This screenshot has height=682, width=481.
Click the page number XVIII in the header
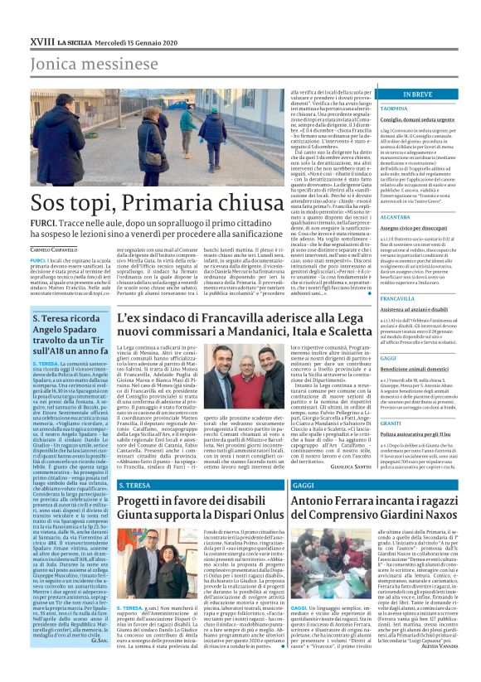[x=41, y=40]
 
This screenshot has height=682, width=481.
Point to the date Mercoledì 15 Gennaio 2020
[x=129, y=40]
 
